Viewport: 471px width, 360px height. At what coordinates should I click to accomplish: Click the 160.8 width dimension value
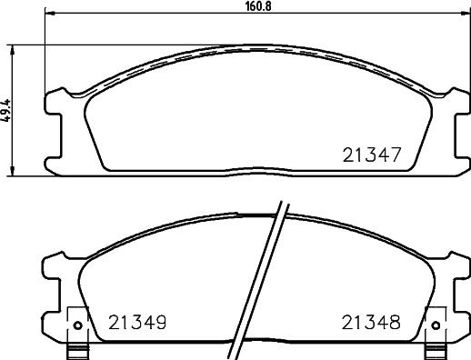pyautogui.click(x=258, y=6)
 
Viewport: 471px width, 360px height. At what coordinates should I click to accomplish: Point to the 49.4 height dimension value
pyautogui.click(x=6, y=110)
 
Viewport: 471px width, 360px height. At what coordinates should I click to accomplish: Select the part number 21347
pyautogui.click(x=372, y=155)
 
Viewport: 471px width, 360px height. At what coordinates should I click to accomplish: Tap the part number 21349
pyautogui.click(x=137, y=322)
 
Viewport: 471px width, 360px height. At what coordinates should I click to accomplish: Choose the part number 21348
pyautogui.click(x=371, y=322)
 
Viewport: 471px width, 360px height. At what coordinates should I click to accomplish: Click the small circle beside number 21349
pyautogui.click(x=77, y=325)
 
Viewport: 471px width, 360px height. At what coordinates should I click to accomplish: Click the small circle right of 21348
pyautogui.click(x=436, y=325)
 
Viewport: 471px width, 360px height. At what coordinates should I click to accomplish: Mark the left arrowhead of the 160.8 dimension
pyautogui.click(x=49, y=13)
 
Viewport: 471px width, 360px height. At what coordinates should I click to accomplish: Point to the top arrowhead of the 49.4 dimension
pyautogui.click(x=12, y=50)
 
